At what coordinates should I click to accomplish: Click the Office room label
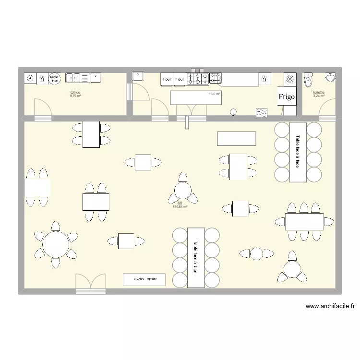tap(75, 92)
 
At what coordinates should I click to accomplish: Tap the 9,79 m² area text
tap(75, 96)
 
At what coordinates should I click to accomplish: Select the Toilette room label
tap(318, 92)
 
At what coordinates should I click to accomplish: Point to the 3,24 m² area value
tap(318, 96)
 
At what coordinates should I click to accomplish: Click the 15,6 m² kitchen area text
tap(214, 94)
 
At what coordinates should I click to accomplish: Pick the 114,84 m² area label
tap(180, 207)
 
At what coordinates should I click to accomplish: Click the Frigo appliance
tap(288, 97)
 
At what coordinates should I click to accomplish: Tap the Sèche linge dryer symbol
tap(54, 78)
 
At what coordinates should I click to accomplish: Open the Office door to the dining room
tap(42, 108)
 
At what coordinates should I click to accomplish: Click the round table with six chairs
tap(56, 244)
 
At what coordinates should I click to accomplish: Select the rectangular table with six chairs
tap(305, 221)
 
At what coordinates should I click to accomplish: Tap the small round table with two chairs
tap(257, 253)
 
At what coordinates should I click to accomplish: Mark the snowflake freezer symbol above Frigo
tap(290, 79)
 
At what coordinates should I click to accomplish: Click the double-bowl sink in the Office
tap(73, 77)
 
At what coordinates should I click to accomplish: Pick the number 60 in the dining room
tap(180, 203)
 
